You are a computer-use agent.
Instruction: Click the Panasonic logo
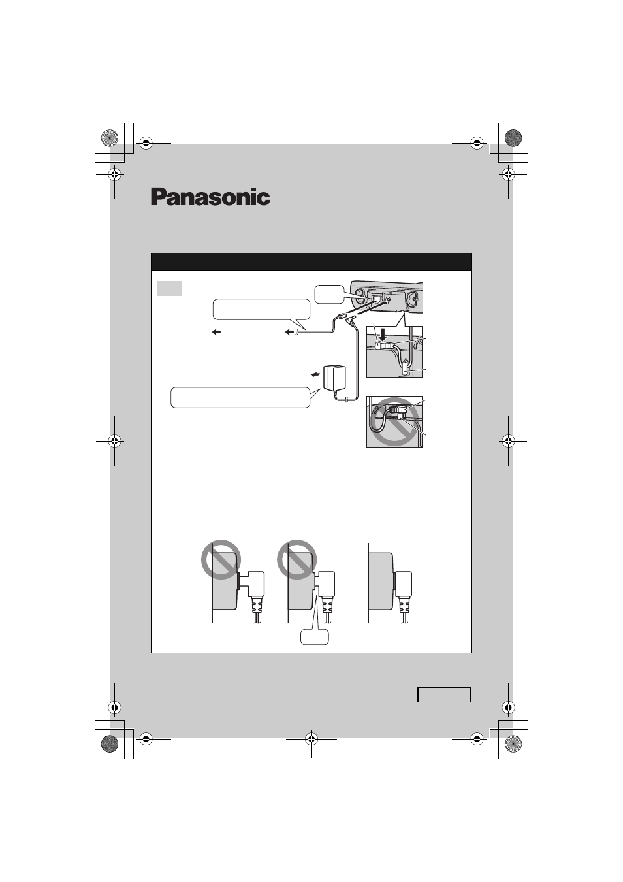pos(210,197)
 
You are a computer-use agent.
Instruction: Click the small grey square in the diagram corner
pos(169,288)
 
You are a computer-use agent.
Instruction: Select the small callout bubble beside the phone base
pos(329,295)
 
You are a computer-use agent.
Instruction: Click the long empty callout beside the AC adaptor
pos(240,398)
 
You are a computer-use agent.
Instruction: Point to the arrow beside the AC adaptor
pos(315,374)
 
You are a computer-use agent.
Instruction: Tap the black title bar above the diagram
pos(311,262)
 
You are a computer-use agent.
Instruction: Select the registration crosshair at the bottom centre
pos(311,739)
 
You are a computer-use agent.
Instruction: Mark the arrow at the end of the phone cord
pos(290,333)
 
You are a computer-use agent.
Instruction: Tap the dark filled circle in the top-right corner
pos(513,138)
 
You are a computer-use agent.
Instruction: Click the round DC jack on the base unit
pos(389,300)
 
